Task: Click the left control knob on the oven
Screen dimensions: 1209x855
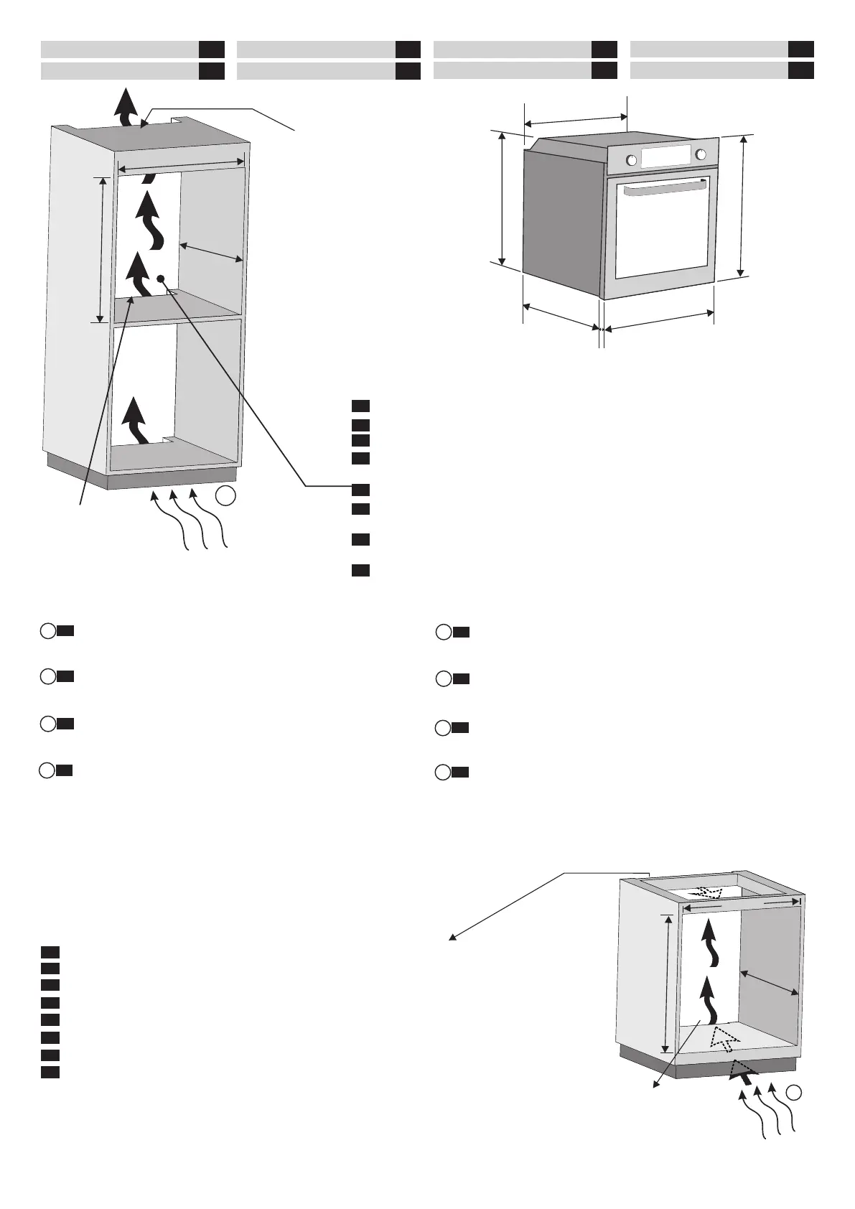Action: (x=632, y=160)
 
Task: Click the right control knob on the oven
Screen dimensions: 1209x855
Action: (x=701, y=154)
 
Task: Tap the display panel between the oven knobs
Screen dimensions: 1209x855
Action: (x=665, y=157)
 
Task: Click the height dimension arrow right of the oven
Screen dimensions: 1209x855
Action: (x=742, y=205)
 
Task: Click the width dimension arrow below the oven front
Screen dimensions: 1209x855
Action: (x=658, y=320)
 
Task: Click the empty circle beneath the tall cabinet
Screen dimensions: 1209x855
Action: (x=225, y=495)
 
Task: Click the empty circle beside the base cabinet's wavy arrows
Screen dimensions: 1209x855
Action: (x=793, y=1112)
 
